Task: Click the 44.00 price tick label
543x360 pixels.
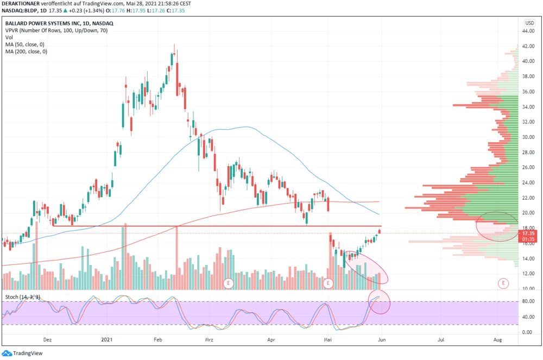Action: [528, 31]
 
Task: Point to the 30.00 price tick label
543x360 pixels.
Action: [528, 137]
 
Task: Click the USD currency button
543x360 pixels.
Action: [529, 23]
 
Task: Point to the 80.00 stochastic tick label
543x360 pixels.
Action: [528, 301]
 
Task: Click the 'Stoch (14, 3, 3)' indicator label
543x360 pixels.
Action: [22, 297]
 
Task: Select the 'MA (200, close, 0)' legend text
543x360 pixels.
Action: [26, 52]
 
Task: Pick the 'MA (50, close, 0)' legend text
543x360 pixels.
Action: [24, 45]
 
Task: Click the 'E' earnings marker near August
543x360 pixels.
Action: [504, 283]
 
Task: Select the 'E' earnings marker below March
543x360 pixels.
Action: [229, 283]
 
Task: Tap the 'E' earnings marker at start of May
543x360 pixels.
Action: [328, 283]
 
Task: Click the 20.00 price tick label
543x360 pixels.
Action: [528, 213]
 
